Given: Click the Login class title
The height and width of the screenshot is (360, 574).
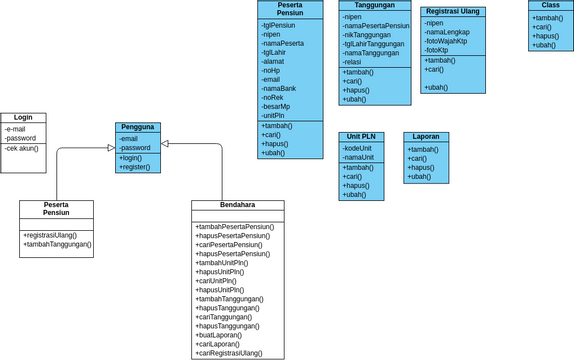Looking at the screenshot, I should pyautogui.click(x=23, y=118).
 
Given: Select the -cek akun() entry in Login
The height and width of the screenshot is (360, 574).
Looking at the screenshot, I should pyautogui.click(x=22, y=148).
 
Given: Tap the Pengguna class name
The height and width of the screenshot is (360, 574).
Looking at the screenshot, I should pyautogui.click(x=137, y=128).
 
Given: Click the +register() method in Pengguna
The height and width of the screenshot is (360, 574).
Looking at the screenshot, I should pyautogui.click(x=135, y=167).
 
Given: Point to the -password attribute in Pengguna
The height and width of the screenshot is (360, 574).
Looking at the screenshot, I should pyautogui.click(x=135, y=148).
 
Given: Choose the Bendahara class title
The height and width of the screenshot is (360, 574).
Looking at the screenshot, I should pyautogui.click(x=237, y=205).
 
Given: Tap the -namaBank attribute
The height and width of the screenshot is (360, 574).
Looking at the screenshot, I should pyautogui.click(x=279, y=89).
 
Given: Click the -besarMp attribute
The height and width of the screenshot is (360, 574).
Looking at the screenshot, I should pyautogui.click(x=277, y=106).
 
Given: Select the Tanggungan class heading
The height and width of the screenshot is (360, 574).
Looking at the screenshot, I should pyautogui.click(x=374, y=5).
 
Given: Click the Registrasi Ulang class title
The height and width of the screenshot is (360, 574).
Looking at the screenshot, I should pyautogui.click(x=452, y=11).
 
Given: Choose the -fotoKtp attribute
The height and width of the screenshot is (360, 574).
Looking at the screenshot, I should pyautogui.click(x=437, y=50).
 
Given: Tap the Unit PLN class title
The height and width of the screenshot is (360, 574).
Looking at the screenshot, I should pyautogui.click(x=361, y=136).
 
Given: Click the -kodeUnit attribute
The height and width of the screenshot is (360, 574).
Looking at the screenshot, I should pyautogui.click(x=358, y=148).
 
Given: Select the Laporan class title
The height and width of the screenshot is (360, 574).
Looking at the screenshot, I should pyautogui.click(x=426, y=136).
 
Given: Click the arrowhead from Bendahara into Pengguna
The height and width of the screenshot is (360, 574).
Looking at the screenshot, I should pyautogui.click(x=166, y=144).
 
